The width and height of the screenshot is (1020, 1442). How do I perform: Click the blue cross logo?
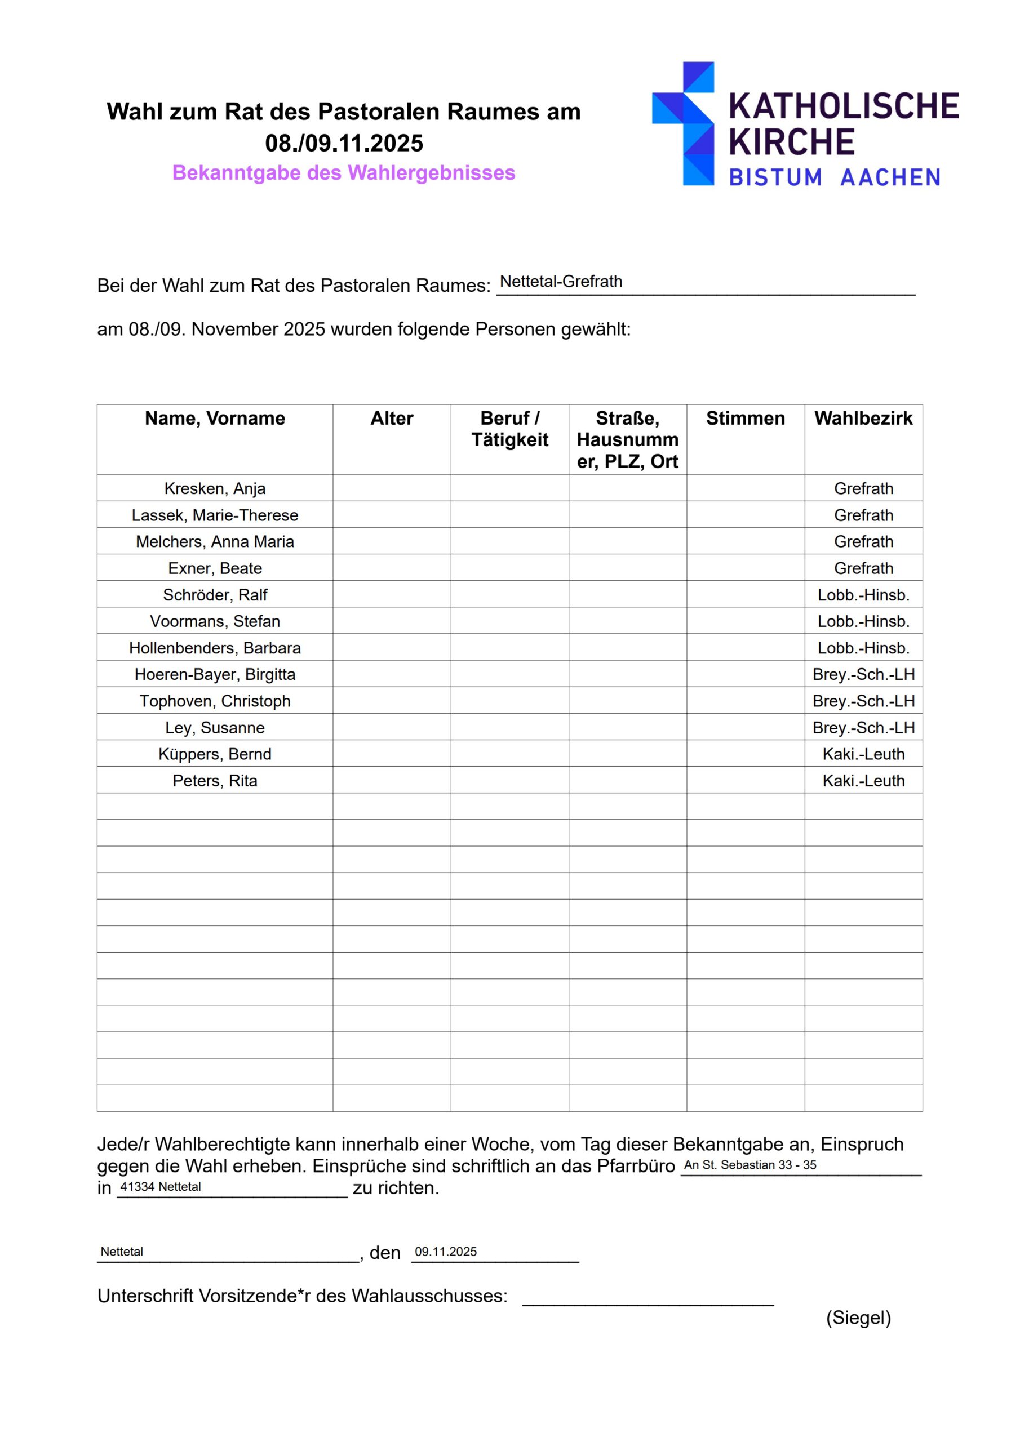pos(683,123)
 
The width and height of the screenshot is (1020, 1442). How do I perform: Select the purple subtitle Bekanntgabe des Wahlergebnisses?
pos(344,173)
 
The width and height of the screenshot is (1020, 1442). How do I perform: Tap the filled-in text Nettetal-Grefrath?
pos(561,282)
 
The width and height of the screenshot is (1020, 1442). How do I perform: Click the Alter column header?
pos(392,419)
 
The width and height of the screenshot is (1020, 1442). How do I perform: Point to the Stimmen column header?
pos(746,419)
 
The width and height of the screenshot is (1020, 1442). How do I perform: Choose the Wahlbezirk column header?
pos(863,419)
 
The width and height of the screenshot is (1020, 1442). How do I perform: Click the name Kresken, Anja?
pos(215,488)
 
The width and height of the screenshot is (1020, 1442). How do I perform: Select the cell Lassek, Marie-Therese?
pos(215,515)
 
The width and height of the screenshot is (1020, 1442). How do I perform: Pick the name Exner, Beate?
pos(215,568)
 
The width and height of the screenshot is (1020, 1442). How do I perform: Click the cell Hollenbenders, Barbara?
pos(215,648)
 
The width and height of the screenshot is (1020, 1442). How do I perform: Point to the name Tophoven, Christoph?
pos(215,701)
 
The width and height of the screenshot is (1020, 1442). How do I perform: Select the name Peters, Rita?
pos(215,781)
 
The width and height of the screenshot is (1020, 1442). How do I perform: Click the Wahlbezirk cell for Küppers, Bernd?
pos(863,754)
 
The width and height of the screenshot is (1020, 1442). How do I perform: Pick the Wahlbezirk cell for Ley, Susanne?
pos(863,727)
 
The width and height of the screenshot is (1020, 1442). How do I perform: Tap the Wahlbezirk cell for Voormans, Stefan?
pos(863,621)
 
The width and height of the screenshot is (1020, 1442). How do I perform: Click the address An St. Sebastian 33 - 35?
pos(750,1165)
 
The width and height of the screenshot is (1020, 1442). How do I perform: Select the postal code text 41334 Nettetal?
pos(161,1187)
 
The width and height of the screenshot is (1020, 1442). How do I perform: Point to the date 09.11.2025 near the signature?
pos(446,1252)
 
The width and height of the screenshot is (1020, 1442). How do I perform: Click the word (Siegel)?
pos(858,1318)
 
